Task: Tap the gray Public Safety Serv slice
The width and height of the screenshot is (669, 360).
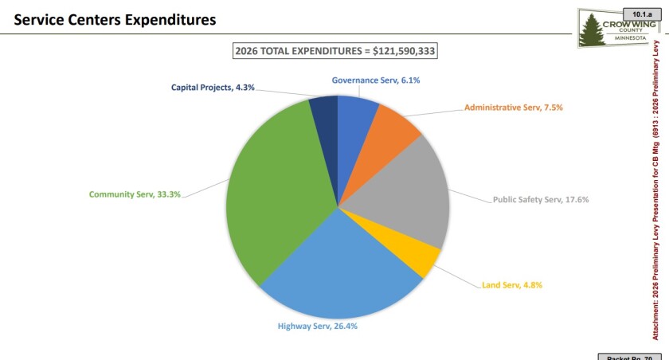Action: (406, 195)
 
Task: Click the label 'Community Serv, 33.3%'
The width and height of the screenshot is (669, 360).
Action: (135, 194)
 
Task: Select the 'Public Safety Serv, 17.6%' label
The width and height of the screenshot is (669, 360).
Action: (541, 200)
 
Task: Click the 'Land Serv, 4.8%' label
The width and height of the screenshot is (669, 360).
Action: (512, 284)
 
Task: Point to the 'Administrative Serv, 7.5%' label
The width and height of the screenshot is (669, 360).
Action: (519, 107)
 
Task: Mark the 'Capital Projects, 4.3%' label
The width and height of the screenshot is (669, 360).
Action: (213, 88)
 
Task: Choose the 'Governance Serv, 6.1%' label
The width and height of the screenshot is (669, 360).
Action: (375, 80)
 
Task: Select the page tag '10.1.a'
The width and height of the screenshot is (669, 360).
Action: (640, 14)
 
